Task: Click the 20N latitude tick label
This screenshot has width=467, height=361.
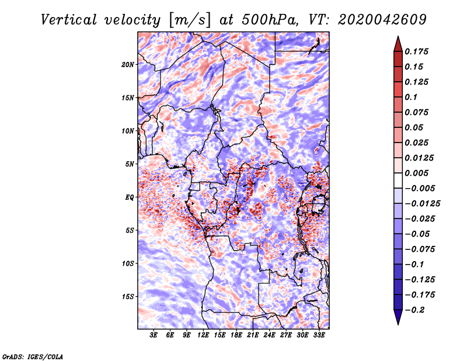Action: pyautogui.click(x=128, y=64)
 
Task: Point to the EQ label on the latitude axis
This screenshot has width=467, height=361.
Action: pyautogui.click(x=130, y=197)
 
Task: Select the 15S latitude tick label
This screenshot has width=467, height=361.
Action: pyautogui.click(x=128, y=297)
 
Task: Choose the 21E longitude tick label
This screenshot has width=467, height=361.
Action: pyautogui.click(x=253, y=335)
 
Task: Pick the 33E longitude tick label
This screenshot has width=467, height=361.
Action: pyautogui.click(x=319, y=335)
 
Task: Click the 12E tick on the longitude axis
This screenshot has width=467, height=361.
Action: pyautogui.click(x=203, y=335)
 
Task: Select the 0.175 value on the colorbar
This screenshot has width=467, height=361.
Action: pyautogui.click(x=417, y=51)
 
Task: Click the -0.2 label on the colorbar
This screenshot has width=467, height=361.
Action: pyautogui.click(x=417, y=310)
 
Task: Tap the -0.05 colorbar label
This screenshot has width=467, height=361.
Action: pyautogui.click(x=420, y=234)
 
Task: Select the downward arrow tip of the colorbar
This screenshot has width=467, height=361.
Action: pyautogui.click(x=398, y=323)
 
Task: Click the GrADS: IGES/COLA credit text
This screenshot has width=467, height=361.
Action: pyautogui.click(x=33, y=356)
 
